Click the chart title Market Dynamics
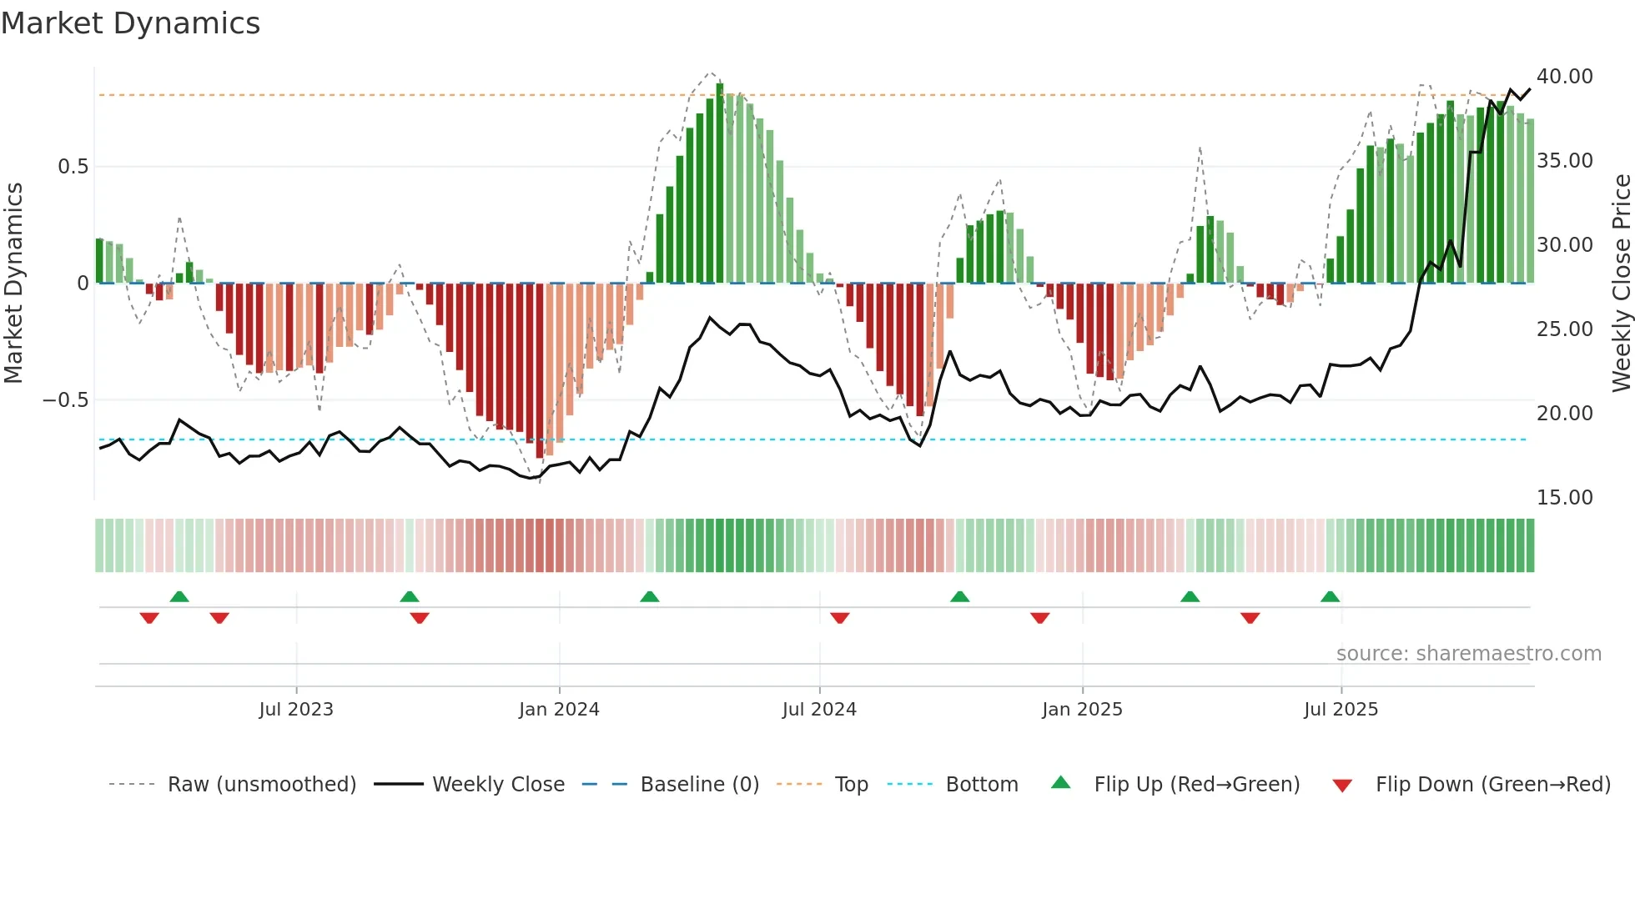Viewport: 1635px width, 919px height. pos(131,23)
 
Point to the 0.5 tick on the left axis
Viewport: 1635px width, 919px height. pos(73,167)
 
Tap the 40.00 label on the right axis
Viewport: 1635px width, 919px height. pos(1564,77)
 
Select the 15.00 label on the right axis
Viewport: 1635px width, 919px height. pos(1564,498)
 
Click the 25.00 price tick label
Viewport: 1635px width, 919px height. pos(1564,329)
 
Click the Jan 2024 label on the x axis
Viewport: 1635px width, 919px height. pos(559,710)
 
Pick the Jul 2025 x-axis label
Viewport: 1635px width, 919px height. pos(1341,710)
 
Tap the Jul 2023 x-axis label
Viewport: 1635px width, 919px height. pos(296,710)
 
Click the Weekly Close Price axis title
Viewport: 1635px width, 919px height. pos(1621,284)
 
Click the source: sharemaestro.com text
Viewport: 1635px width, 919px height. pos(1468,654)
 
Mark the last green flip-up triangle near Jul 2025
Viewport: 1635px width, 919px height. pos(1330,597)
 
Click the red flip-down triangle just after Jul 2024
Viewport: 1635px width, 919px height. pos(839,618)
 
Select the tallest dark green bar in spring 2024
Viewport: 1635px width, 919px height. pos(720,183)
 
